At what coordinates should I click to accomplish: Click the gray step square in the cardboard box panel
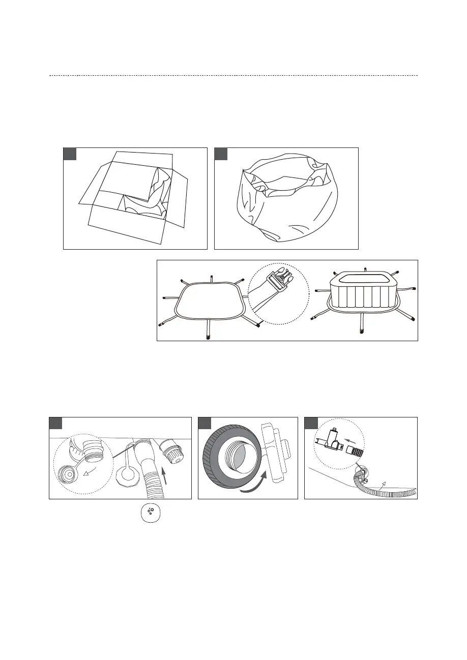(x=70, y=154)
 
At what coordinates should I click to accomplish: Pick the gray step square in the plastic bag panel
(x=221, y=154)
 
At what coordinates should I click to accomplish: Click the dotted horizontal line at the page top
(x=233, y=76)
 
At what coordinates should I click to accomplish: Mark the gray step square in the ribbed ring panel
(x=205, y=423)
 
